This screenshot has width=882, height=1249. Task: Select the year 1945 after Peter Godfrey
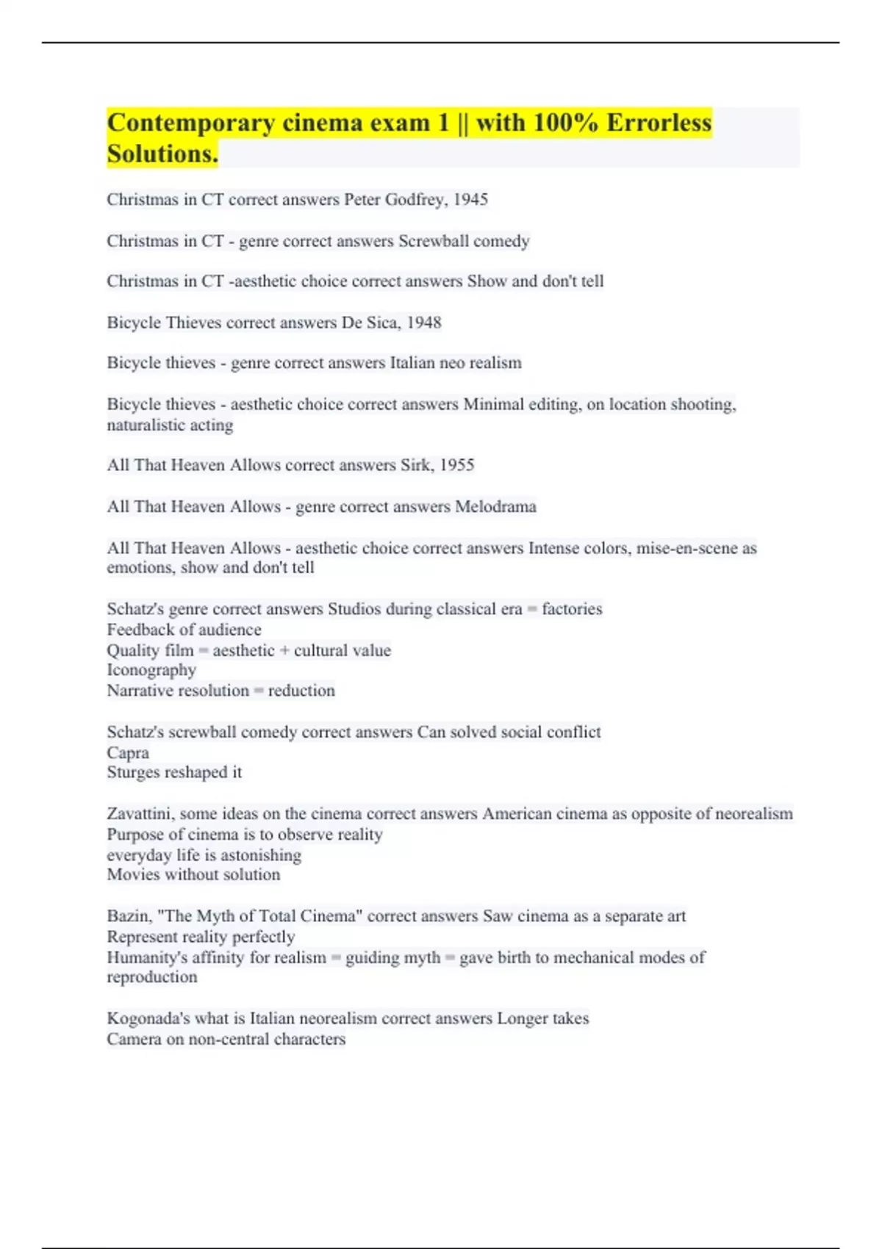(x=470, y=199)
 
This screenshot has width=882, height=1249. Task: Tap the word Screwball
(x=430, y=241)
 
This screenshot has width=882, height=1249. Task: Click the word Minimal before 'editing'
(x=493, y=404)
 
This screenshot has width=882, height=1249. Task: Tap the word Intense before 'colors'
(x=553, y=548)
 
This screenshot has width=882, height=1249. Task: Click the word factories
(x=572, y=609)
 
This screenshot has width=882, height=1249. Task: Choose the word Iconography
(x=151, y=670)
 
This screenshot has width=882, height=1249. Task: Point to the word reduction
(x=301, y=691)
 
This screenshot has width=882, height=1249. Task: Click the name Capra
(x=128, y=753)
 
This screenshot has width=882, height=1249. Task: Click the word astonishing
(x=261, y=855)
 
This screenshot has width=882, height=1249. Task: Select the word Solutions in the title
(x=162, y=154)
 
